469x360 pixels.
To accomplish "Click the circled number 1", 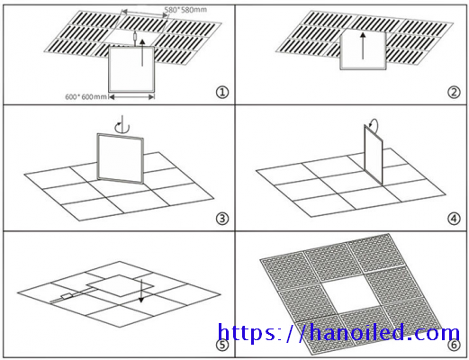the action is [x=222, y=92].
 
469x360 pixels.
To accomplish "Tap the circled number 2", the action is [x=454, y=92].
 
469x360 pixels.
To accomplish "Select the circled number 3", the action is [x=222, y=219].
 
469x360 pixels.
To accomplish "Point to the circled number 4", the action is [x=454, y=219].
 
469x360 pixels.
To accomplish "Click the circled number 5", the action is [x=222, y=345].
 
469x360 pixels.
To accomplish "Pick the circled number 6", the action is [x=454, y=345].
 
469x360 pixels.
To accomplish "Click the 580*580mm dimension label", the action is [x=185, y=10].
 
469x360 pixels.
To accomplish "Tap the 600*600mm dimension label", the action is [x=86, y=97].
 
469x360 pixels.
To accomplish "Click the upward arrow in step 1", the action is [x=142, y=52].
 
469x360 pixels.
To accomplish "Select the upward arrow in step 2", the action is [x=363, y=46].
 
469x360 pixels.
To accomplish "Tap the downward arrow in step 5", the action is [x=141, y=291].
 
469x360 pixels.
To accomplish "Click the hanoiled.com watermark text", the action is [x=338, y=332].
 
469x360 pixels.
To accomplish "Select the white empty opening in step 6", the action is [x=348, y=295].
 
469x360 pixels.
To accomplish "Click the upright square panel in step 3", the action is [x=121, y=158].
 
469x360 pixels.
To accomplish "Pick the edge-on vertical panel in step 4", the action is [x=374, y=155].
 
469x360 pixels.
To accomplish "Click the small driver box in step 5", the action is [x=68, y=296].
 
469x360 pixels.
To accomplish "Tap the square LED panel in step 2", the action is [x=363, y=49].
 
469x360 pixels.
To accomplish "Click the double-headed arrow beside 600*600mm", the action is [x=131, y=96].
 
